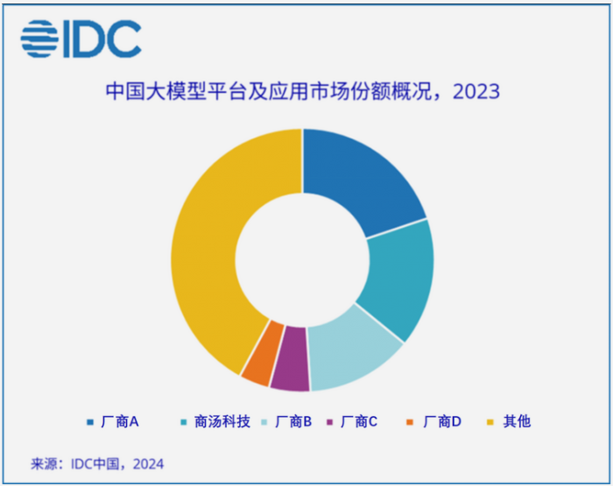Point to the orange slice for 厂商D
point(262,354)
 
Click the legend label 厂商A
point(120,422)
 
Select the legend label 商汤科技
point(222,422)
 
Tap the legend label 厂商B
point(293,422)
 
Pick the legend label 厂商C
point(359,422)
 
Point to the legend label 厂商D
point(442,422)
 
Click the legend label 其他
point(517,422)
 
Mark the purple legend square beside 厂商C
point(330,422)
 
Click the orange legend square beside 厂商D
point(410,422)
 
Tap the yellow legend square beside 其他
point(490,422)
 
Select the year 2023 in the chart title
point(476,91)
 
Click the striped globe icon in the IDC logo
point(39,39)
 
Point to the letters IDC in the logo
point(102,39)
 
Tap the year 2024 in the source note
point(148,464)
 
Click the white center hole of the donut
point(302,260)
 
